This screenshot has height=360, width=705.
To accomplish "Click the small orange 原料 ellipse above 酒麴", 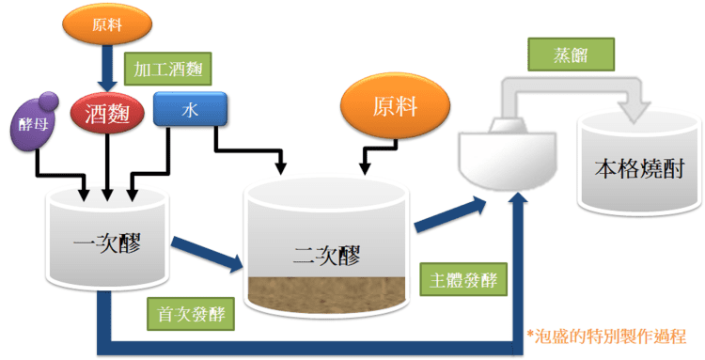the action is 107,23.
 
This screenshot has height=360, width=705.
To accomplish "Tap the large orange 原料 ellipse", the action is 395,106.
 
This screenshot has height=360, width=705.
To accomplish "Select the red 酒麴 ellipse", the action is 107,113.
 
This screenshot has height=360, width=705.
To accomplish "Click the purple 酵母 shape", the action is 33,122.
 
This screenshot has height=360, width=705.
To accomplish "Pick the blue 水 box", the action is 190,109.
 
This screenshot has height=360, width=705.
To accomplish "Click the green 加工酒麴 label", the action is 167,70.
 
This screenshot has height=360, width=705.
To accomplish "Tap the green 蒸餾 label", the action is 571,55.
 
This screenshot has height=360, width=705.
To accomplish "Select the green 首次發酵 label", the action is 191,314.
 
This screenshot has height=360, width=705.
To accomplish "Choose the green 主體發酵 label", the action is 463,279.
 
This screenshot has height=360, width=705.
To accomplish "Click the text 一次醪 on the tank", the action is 107,245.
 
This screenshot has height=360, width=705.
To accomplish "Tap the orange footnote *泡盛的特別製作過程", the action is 606,336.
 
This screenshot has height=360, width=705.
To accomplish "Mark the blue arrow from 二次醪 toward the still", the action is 450,215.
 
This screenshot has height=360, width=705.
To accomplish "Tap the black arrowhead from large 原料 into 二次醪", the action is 365,168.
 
